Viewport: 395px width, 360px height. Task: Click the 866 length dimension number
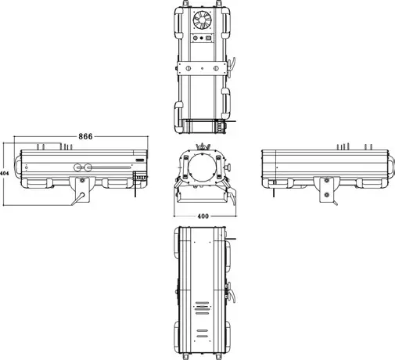point(85,136)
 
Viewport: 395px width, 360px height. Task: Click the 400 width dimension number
point(203,215)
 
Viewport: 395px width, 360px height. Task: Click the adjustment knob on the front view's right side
point(228,167)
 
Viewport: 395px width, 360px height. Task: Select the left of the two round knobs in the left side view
point(78,167)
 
